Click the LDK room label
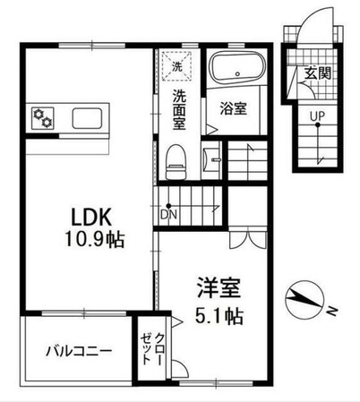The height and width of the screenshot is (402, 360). (x=81, y=218)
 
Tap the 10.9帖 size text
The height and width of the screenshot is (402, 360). (x=81, y=240)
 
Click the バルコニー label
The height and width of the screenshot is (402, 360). (x=80, y=350)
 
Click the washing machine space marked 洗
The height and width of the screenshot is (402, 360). (x=176, y=65)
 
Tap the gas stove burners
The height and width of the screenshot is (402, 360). (x=42, y=117)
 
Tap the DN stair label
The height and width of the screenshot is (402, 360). (x=168, y=213)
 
